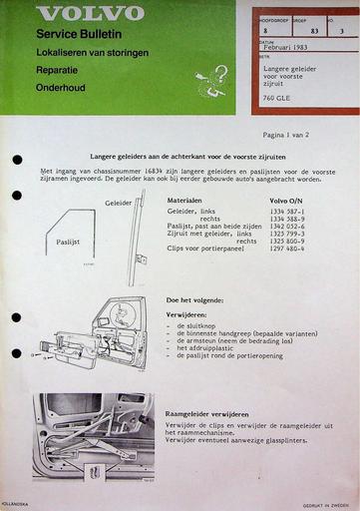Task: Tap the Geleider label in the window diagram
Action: click(118, 203)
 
